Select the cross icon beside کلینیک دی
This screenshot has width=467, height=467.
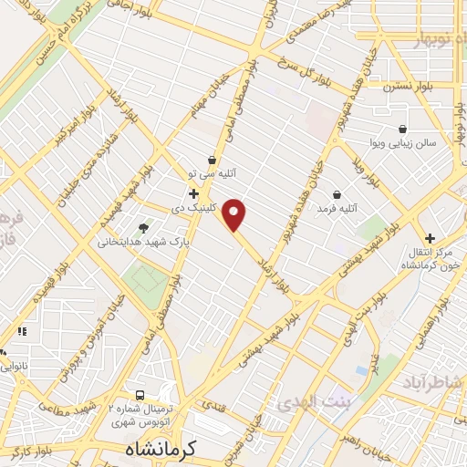pyautogui.click(x=193, y=193)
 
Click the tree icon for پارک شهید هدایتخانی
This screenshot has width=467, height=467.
pyautogui.click(x=142, y=228)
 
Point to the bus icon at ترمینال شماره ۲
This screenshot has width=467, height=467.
pyautogui.click(x=140, y=396)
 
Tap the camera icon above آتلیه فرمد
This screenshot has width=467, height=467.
pyautogui.click(x=337, y=194)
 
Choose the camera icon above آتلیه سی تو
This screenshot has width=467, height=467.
pyautogui.click(x=212, y=160)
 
